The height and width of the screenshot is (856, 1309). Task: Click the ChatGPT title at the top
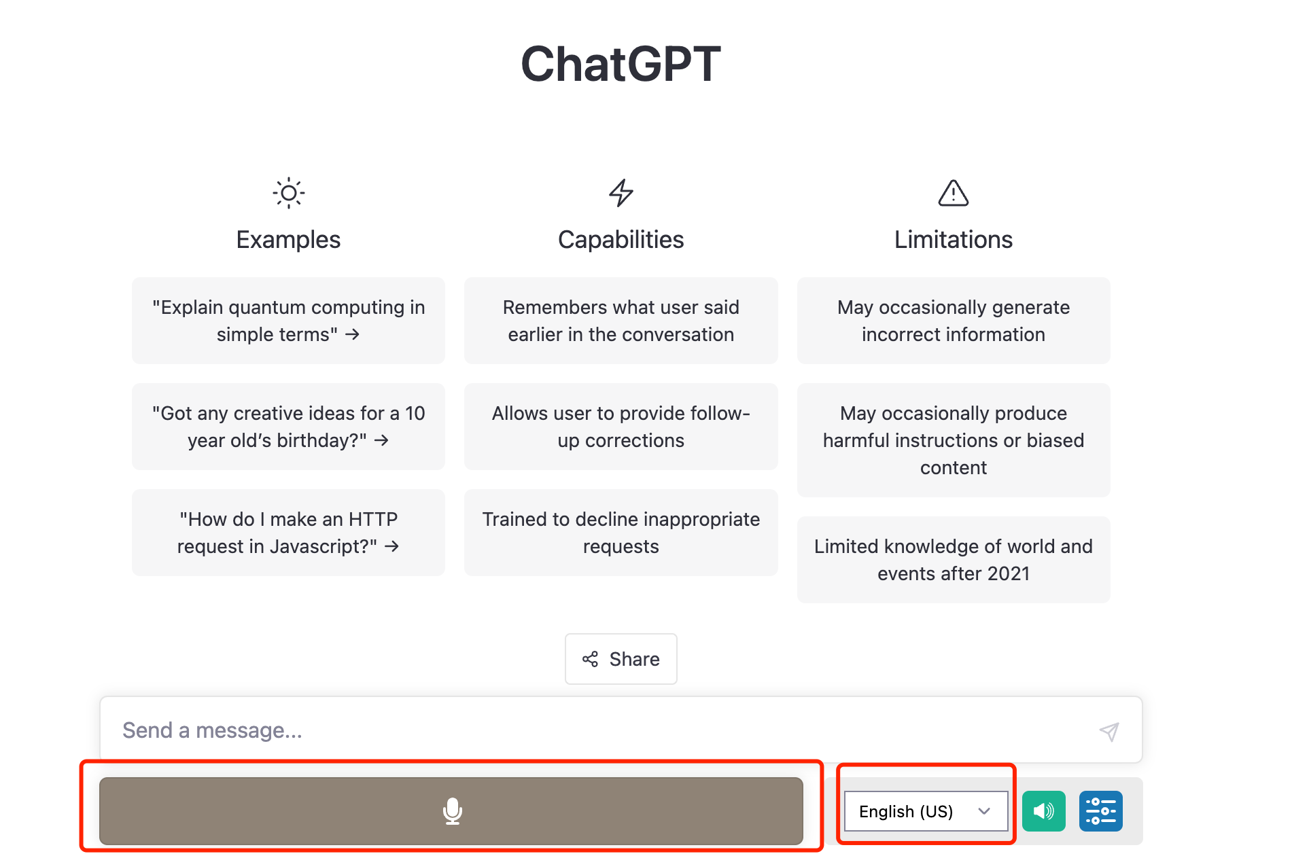click(621, 64)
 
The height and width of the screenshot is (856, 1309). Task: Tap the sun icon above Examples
click(289, 193)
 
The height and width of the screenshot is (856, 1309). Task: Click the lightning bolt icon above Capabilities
click(621, 193)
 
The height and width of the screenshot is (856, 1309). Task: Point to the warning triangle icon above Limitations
click(954, 193)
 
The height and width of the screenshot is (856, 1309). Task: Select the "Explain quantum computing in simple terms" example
click(288, 321)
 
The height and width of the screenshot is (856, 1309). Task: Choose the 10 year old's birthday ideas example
click(288, 427)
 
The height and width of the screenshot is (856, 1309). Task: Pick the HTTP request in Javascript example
click(288, 533)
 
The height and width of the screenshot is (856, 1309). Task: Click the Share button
click(621, 659)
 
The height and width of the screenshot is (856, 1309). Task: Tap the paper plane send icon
click(1109, 731)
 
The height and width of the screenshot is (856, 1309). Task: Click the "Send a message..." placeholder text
click(212, 730)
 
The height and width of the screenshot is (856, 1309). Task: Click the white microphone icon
click(453, 811)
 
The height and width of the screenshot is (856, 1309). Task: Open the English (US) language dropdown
click(926, 811)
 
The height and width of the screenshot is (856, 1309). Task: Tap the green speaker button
click(1044, 811)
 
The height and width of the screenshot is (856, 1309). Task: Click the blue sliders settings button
click(1101, 811)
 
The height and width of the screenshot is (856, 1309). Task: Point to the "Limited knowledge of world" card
click(954, 560)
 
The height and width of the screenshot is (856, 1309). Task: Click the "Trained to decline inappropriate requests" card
click(621, 533)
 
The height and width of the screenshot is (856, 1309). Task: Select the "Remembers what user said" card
click(621, 321)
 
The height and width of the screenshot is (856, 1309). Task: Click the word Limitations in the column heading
click(954, 240)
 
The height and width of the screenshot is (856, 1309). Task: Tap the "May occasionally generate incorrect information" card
click(954, 321)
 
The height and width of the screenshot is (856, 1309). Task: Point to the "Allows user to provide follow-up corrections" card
click(621, 427)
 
